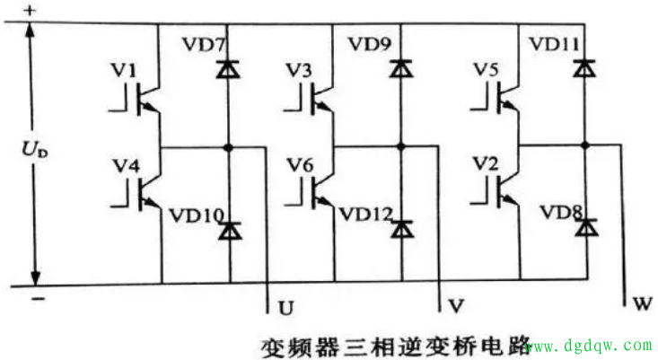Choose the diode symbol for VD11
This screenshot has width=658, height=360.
[586, 67]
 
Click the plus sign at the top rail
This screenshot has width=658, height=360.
[32, 10]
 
